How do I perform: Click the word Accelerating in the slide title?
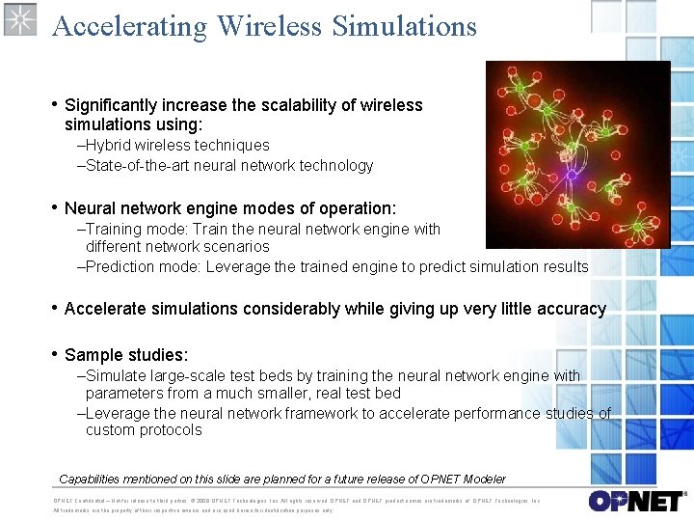point(130,26)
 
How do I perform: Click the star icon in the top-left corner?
point(20,20)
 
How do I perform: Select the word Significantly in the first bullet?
point(111,105)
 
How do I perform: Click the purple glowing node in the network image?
point(571,176)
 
